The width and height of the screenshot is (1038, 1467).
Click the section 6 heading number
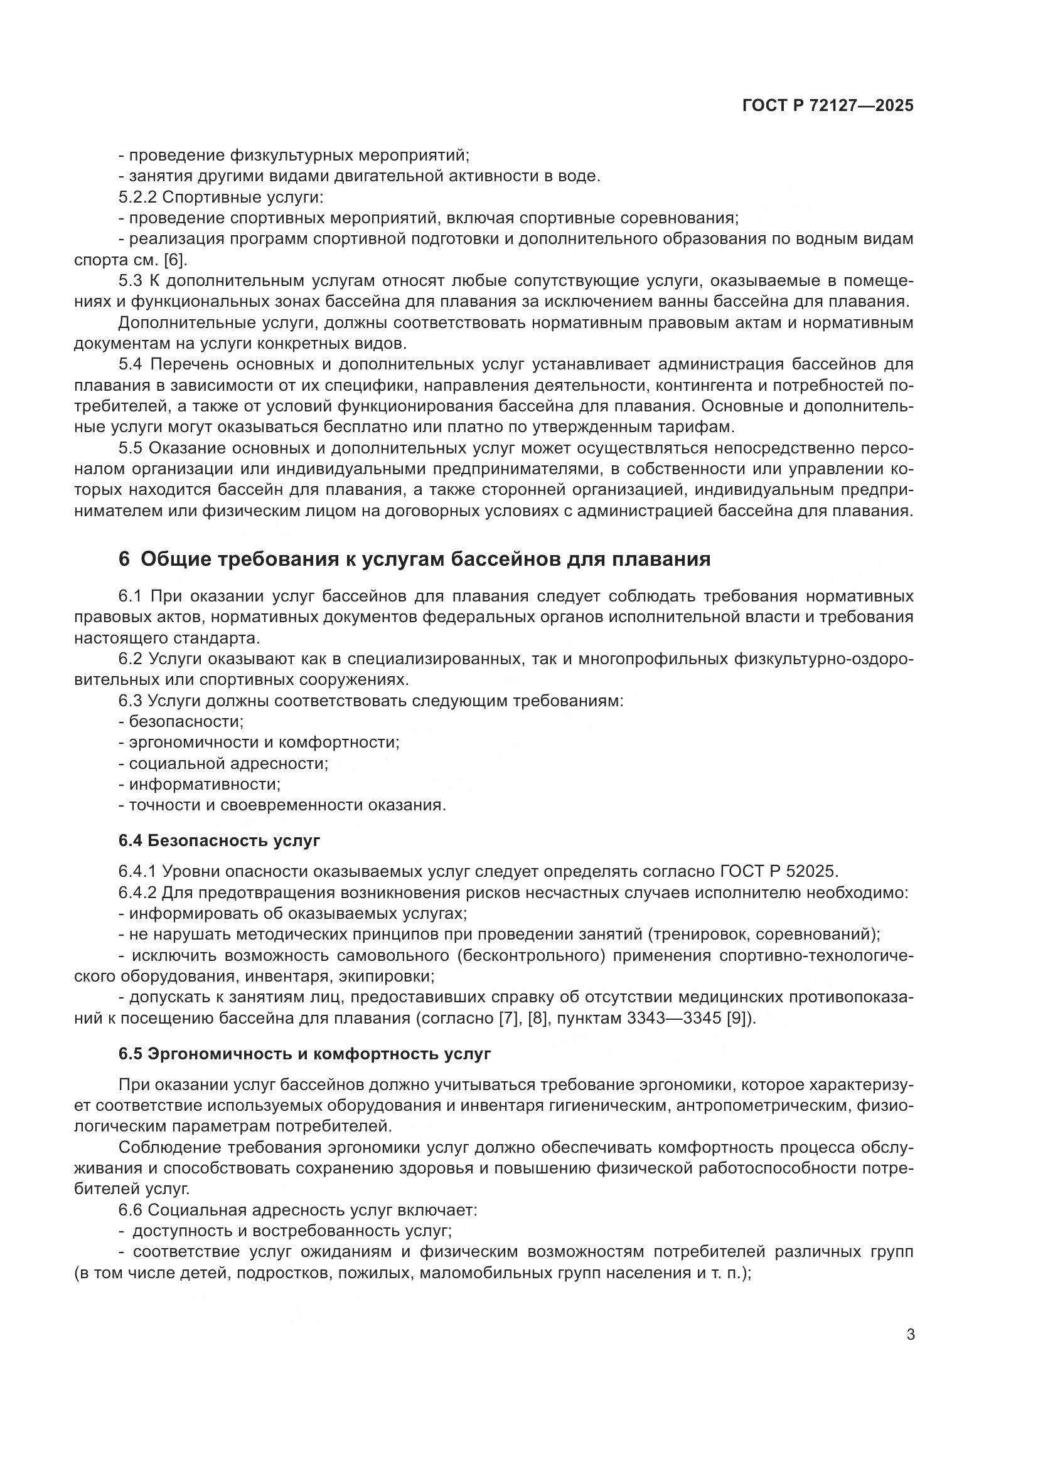click(x=124, y=559)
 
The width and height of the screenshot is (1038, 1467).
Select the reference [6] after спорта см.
click(x=174, y=260)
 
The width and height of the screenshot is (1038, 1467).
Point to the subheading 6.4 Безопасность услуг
click(x=218, y=840)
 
